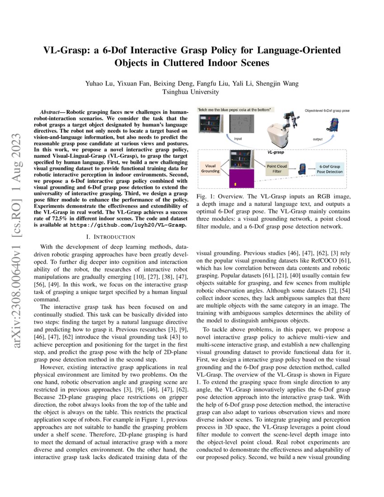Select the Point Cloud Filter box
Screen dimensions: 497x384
click(276, 169)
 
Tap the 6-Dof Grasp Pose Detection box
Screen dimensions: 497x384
click(328, 169)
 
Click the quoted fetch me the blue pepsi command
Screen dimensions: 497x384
click(234, 110)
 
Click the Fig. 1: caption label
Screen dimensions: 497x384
click(206, 197)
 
